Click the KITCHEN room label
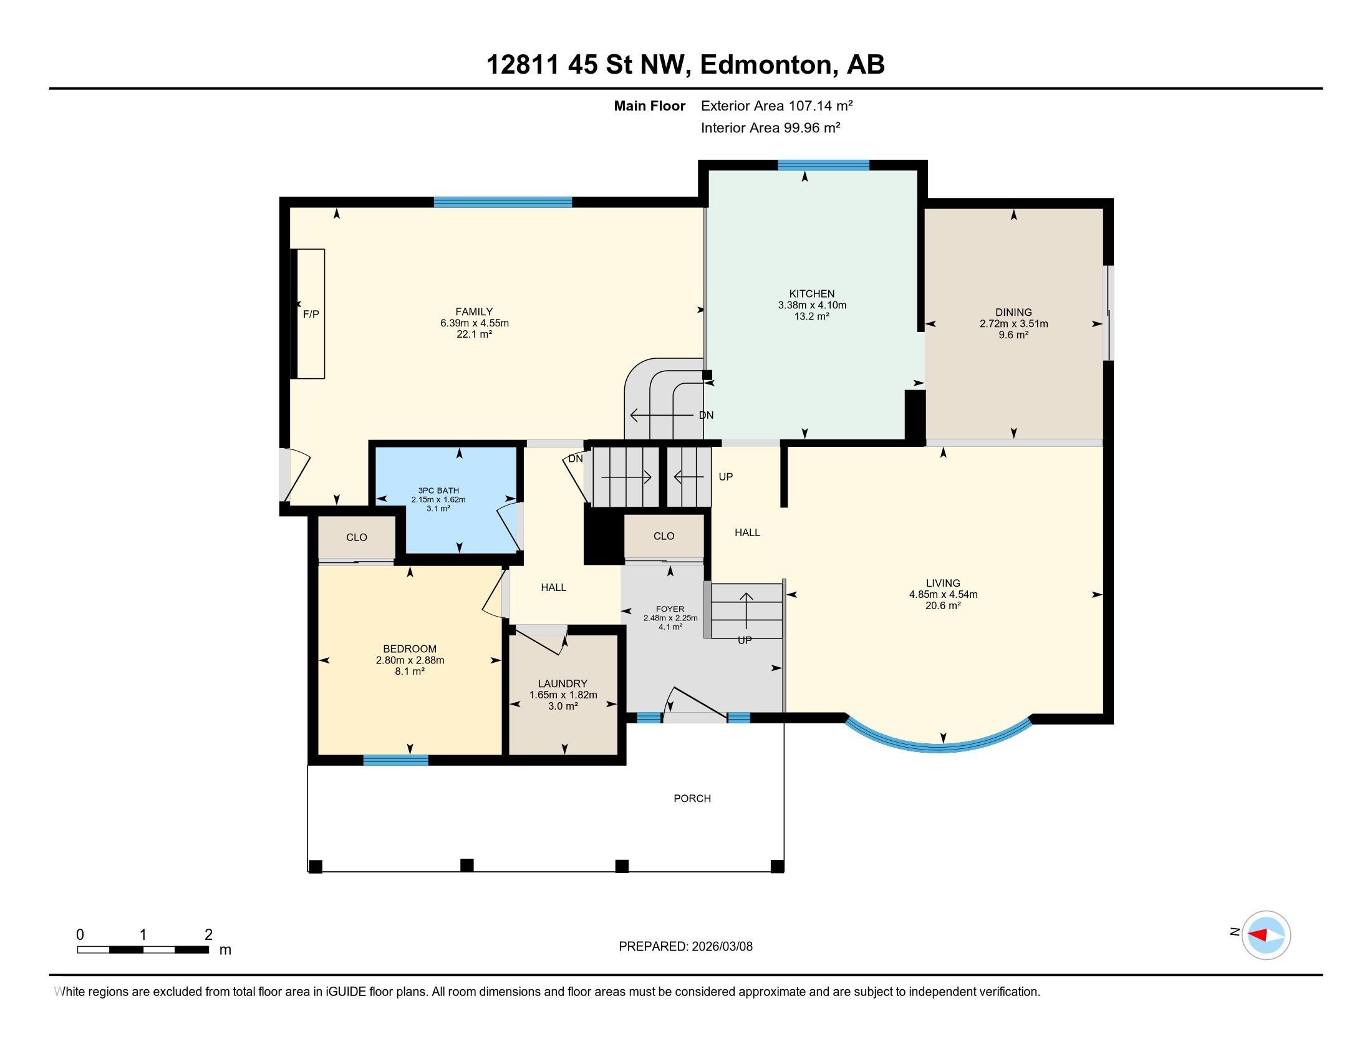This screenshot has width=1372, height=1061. pyautogui.click(x=811, y=293)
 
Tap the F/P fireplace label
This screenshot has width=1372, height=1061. pyautogui.click(x=311, y=314)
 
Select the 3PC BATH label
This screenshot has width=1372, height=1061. pyautogui.click(x=438, y=491)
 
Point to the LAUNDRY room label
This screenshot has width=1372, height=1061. pyautogui.click(x=563, y=683)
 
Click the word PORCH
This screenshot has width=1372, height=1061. pyautogui.click(x=692, y=798)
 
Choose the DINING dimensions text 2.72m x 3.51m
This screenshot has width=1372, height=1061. pyautogui.click(x=1013, y=324)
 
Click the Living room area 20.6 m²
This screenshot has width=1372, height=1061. pyautogui.click(x=943, y=606)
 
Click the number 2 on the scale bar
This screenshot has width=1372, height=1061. pyautogui.click(x=208, y=935)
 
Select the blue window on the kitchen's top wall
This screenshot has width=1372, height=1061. pyautogui.click(x=824, y=165)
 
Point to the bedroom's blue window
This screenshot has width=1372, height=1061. pyautogui.click(x=396, y=760)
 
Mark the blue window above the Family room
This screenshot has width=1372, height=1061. pyautogui.click(x=503, y=202)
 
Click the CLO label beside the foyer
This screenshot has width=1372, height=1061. pyautogui.click(x=664, y=536)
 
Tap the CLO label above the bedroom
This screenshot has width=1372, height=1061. pyautogui.click(x=356, y=537)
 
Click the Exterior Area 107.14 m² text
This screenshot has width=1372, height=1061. pyautogui.click(x=777, y=105)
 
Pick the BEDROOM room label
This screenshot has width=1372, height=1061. pyautogui.click(x=410, y=648)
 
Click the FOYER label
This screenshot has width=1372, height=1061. pyautogui.click(x=670, y=609)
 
